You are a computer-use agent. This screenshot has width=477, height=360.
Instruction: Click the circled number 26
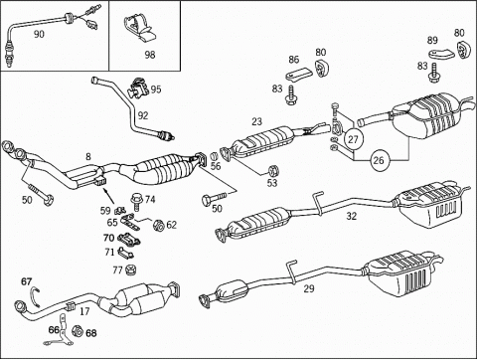(x=379, y=160)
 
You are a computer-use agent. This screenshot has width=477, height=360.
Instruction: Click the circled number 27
(x=353, y=139)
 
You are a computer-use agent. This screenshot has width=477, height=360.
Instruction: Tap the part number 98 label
(x=150, y=55)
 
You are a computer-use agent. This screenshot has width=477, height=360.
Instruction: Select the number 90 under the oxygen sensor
(x=39, y=34)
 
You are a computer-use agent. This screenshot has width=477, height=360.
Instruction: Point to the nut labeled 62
(x=158, y=226)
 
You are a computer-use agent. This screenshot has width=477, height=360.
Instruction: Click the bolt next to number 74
(x=135, y=202)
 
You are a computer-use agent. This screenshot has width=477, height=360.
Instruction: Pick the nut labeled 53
(x=273, y=170)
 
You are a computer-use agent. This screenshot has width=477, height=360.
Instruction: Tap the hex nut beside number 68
(x=77, y=331)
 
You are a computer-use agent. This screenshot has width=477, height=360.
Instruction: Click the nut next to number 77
(x=131, y=270)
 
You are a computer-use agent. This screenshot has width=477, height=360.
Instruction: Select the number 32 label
(x=352, y=216)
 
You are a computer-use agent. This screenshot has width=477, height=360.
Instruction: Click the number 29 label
(x=309, y=288)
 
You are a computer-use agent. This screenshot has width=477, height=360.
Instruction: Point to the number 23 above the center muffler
(x=256, y=121)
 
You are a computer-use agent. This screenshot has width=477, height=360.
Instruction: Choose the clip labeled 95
(x=136, y=88)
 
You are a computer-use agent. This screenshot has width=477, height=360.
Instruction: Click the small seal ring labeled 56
(x=215, y=155)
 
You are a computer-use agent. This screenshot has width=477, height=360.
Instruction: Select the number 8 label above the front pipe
(x=88, y=156)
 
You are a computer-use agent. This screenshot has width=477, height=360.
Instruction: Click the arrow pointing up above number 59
(x=109, y=196)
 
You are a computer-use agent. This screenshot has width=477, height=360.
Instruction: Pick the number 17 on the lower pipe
(x=84, y=311)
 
